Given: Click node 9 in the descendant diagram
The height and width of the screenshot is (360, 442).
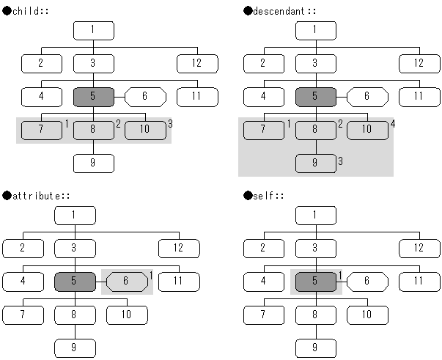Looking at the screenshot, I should point(315,163).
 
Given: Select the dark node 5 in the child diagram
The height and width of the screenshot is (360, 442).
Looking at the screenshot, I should point(93,96).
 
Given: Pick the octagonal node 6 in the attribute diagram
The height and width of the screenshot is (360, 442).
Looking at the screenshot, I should point(125,282).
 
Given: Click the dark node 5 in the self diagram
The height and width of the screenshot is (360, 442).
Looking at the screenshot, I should point(315,282).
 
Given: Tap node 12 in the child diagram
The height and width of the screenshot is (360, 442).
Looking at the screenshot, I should point(196,63).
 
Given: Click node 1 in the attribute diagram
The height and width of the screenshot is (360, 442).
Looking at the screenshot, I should point(75,216).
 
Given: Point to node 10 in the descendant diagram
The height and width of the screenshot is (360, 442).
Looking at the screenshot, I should point(367,130).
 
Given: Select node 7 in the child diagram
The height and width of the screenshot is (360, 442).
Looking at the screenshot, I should point(41,130).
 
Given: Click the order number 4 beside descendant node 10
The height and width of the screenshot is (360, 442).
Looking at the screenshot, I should point(393,123).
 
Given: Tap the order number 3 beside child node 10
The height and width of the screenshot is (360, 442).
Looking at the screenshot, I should point(170,123).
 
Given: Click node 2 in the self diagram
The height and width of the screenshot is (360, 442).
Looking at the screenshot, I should point(263,249).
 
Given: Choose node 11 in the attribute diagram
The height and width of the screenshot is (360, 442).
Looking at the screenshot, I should point(178,282).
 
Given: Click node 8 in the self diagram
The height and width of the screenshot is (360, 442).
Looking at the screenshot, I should point(315,315).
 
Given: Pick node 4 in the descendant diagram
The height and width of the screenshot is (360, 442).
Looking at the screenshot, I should point(263,96).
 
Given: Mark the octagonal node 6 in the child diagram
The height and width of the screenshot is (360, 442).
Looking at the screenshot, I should point(145,96).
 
